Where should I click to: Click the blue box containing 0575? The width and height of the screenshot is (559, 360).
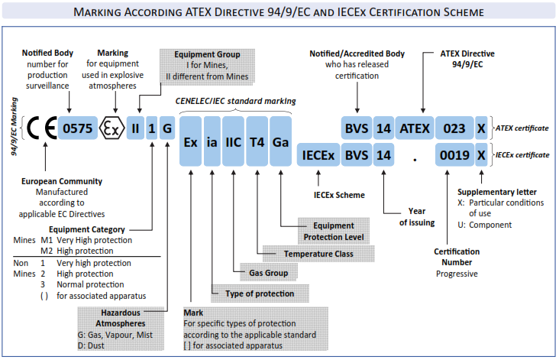pos(77,128)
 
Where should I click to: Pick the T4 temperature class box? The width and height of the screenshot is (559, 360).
pos(257,141)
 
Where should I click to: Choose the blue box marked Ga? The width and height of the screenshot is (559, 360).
pos(280,141)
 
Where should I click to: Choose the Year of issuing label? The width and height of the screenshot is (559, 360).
pos(416,218)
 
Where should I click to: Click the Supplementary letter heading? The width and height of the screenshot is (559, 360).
pos(495,191)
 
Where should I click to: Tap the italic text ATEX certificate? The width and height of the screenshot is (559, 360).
pos(522,128)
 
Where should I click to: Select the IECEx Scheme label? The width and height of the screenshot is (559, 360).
pos(339,195)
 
